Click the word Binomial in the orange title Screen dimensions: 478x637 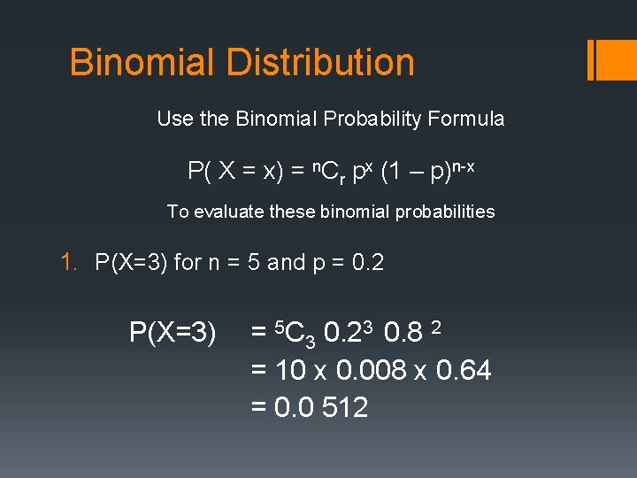tap(142, 63)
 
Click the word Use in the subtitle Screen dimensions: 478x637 tap(173, 119)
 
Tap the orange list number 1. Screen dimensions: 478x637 tap(67, 263)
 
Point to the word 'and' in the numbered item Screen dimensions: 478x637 tap(285, 263)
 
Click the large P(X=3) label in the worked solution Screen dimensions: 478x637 tap(173, 333)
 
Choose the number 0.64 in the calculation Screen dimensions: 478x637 tap(464, 370)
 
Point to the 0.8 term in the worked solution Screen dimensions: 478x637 tap(403, 333)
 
